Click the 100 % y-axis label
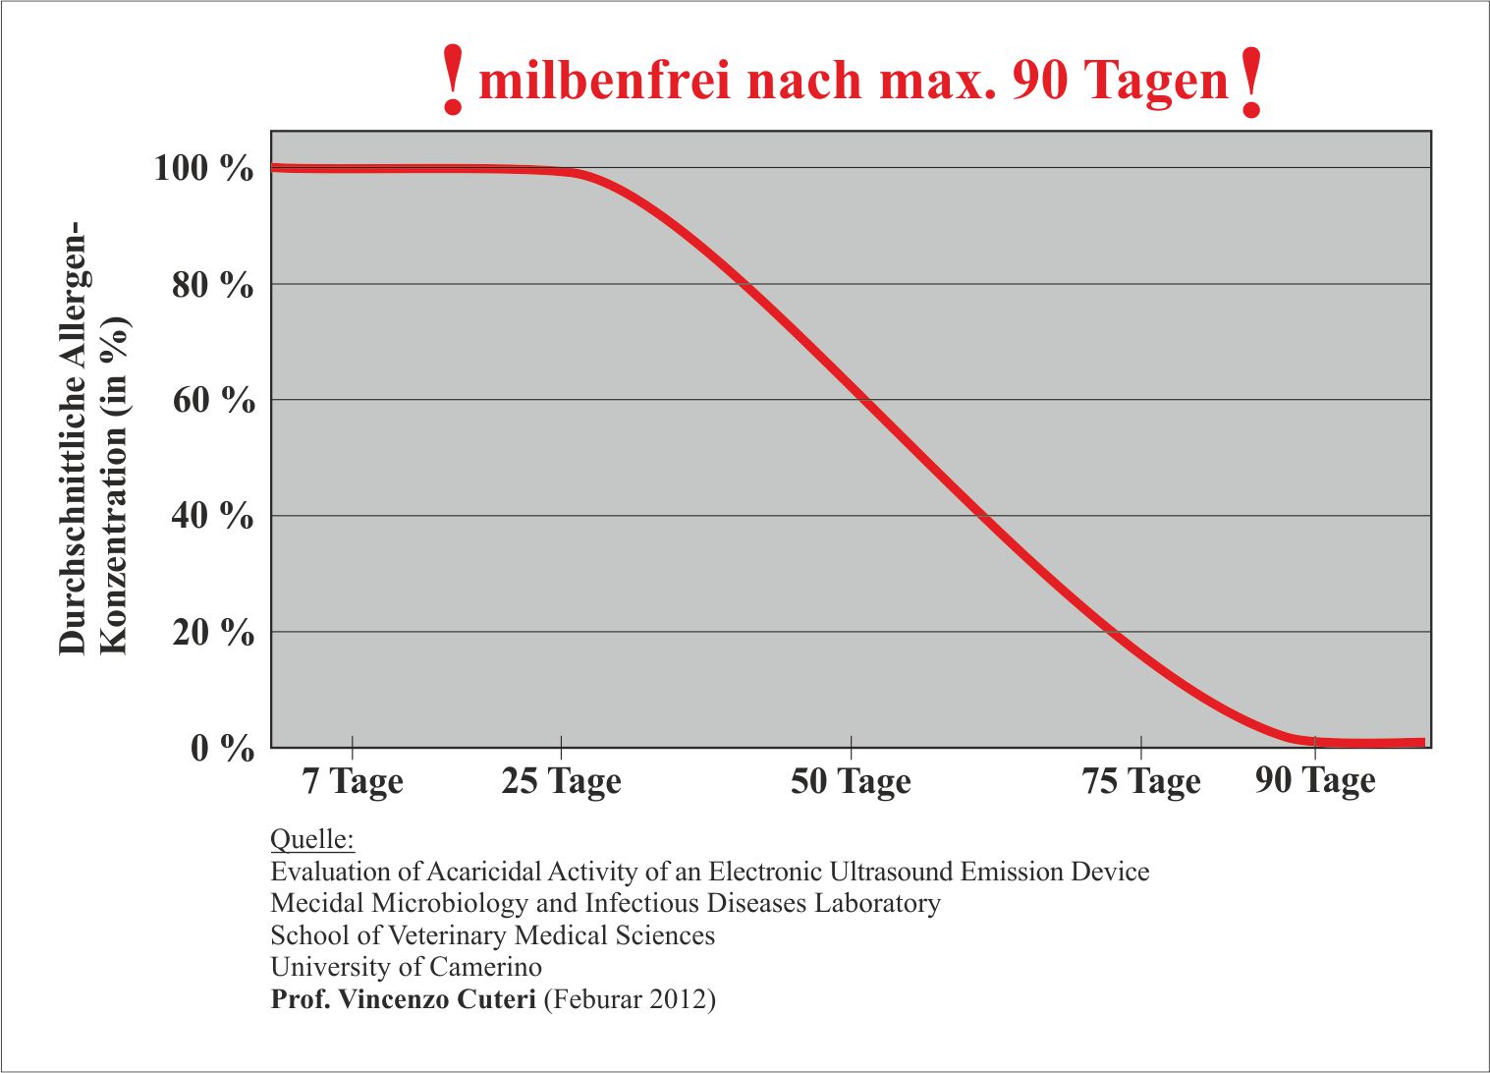(x=203, y=168)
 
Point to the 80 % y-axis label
(x=213, y=285)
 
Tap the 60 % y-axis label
(x=213, y=401)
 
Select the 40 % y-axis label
(x=213, y=516)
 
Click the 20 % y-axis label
(x=213, y=632)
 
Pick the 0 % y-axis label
(x=223, y=749)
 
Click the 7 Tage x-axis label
(x=353, y=782)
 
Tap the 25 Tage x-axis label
(x=561, y=782)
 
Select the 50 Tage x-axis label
(x=851, y=782)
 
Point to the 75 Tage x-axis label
(x=1141, y=782)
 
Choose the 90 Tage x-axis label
(x=1315, y=781)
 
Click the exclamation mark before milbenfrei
(x=453, y=81)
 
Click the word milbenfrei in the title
(x=604, y=81)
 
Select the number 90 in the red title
(x=1040, y=81)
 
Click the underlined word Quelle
(x=311, y=840)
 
